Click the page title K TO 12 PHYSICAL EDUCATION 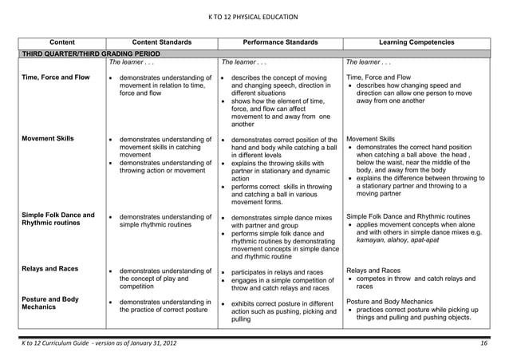(x=253, y=16)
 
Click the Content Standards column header (x=162, y=42)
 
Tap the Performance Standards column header (x=280, y=42)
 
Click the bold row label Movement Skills (x=49, y=138)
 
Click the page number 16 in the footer (x=483, y=343)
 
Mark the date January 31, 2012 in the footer (x=149, y=343)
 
